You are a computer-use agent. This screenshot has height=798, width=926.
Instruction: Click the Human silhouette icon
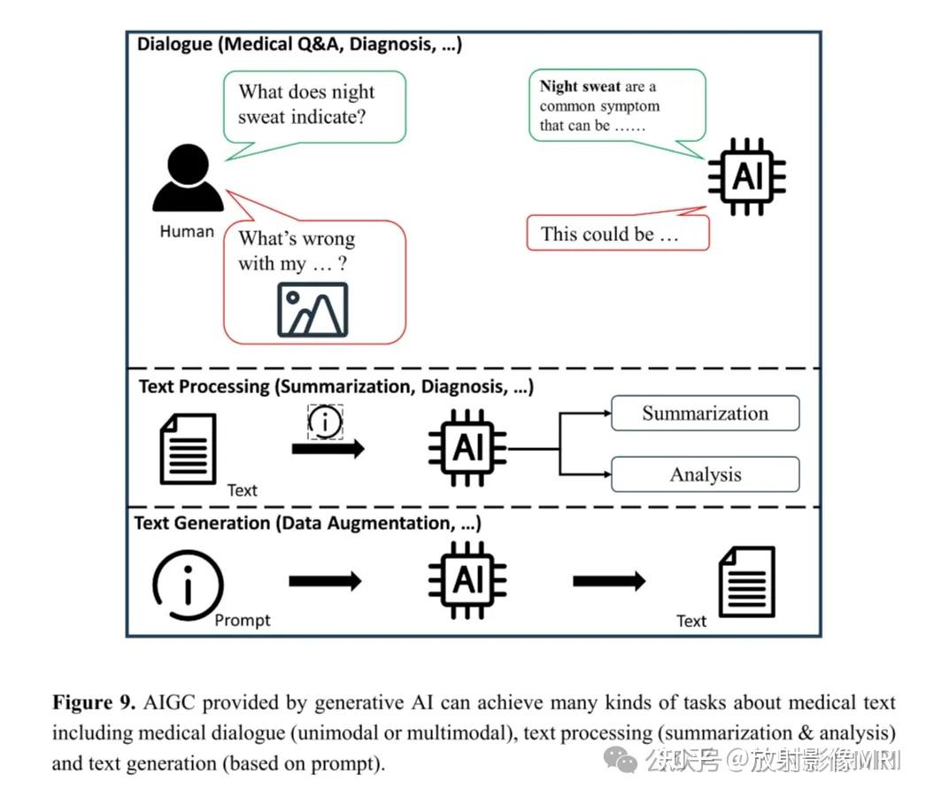click(188, 177)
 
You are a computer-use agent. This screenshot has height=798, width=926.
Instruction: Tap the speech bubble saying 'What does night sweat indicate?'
click(314, 107)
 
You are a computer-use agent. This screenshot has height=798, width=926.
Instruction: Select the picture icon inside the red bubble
click(313, 309)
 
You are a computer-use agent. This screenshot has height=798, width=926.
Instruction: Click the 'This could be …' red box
click(618, 233)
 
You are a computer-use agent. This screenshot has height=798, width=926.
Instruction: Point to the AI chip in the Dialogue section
click(746, 176)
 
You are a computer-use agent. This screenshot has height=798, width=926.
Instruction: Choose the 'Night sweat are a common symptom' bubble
click(617, 105)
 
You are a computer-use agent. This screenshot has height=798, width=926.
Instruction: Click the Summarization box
click(706, 413)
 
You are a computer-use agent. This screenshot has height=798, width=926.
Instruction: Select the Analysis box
click(706, 475)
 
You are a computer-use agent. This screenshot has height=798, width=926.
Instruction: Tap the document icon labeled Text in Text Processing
click(188, 449)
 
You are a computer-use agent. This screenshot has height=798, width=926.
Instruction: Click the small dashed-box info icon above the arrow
click(325, 422)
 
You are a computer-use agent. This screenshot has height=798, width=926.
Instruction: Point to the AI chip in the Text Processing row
click(467, 447)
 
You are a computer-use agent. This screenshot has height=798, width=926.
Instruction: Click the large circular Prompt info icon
click(188, 585)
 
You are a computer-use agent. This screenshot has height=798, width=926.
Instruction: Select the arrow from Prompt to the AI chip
click(325, 581)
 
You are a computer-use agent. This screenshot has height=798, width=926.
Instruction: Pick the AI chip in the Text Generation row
click(467, 580)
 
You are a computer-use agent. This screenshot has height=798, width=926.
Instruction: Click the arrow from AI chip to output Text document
click(609, 581)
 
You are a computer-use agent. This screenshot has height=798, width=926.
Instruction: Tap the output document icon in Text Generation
click(746, 582)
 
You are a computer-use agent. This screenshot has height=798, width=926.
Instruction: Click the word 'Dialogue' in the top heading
click(174, 44)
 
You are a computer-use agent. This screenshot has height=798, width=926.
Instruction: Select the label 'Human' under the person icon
click(187, 231)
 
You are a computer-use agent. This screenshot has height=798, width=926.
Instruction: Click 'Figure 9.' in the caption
click(94, 702)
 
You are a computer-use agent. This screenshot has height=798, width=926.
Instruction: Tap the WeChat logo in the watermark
click(620, 759)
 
